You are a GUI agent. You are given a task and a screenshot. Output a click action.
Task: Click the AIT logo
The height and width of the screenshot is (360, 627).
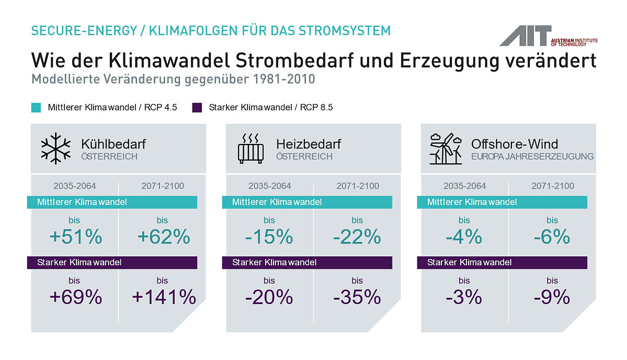548,36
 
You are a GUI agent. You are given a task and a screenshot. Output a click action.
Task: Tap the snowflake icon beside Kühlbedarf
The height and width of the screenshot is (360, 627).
55,149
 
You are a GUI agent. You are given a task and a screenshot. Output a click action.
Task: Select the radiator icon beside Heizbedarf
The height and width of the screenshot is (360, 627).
250,149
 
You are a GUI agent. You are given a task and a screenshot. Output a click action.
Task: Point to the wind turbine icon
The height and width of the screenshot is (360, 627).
446,149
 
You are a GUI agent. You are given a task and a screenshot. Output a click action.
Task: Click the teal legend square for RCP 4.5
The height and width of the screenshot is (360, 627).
36,108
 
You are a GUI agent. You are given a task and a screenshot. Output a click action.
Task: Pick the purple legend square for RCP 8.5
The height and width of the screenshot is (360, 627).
197,108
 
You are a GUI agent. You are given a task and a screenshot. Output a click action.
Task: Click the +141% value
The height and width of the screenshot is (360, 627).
164,297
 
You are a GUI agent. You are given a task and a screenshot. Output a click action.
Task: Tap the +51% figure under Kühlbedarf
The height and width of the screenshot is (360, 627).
76,237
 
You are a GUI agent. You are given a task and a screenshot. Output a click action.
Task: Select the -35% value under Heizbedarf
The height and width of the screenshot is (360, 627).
357,297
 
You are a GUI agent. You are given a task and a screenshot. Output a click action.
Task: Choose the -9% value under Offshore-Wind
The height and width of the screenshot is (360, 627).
552,297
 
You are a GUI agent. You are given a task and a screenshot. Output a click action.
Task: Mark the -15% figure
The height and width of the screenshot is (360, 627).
269,237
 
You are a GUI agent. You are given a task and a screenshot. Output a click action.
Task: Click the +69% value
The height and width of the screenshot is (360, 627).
76,297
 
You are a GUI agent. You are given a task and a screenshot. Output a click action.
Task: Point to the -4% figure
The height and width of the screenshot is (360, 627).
464,237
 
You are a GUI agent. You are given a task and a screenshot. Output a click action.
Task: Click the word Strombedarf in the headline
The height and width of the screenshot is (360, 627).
294,60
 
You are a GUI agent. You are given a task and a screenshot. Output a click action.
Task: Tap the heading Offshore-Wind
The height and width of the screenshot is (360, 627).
514,144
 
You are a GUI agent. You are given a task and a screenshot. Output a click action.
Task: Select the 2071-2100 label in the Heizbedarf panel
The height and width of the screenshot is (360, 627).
358,186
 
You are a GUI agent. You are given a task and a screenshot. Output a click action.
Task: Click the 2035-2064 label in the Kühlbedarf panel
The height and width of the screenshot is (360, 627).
75,186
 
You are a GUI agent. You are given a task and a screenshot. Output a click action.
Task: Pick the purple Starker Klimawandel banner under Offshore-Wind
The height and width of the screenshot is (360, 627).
502,262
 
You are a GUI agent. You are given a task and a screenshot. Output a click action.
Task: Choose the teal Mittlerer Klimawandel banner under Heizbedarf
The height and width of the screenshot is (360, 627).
307,202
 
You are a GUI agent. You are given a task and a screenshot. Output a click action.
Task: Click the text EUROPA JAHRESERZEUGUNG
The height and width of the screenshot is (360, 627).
532,157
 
